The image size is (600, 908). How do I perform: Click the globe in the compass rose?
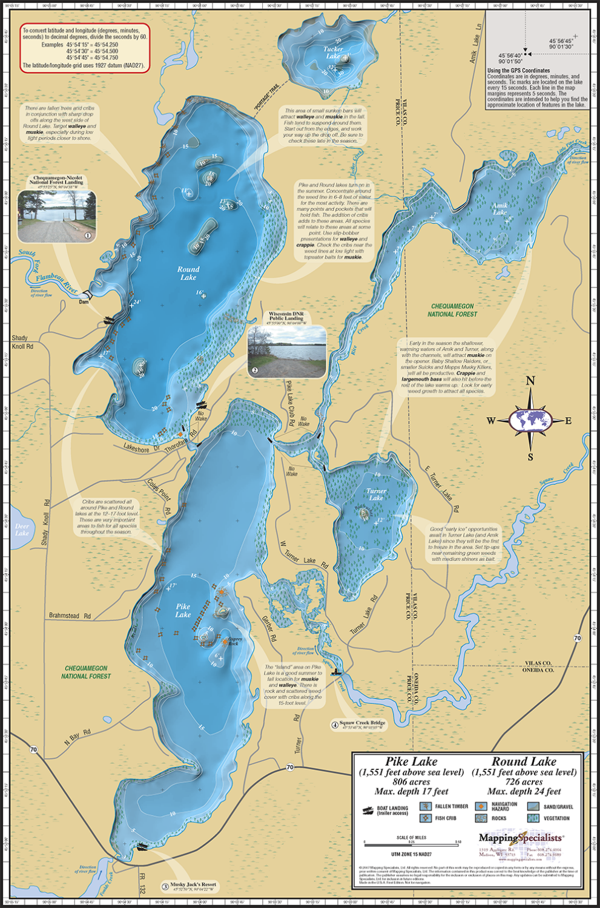click(530, 419)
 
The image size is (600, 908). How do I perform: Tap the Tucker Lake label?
click(333, 53)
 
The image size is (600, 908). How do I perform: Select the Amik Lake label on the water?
click(499, 209)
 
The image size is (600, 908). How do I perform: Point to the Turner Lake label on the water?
click(376, 495)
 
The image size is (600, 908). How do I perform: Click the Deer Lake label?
click(22, 530)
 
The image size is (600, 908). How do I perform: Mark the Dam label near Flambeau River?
click(84, 301)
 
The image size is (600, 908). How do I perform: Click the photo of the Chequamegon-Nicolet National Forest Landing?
click(57, 216)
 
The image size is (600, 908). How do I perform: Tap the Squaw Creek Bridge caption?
click(361, 723)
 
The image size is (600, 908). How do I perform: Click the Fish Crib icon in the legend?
click(426, 818)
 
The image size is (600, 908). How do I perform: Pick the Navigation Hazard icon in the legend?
click(481, 806)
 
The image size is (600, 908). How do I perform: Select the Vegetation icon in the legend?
click(533, 818)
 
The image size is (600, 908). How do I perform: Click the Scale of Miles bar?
click(412, 842)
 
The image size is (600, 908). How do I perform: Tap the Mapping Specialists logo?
click(521, 838)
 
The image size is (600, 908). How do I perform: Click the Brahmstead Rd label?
click(70, 616)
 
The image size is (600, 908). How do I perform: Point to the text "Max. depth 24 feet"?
click(524, 791)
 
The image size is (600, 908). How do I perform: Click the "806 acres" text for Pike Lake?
click(411, 781)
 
